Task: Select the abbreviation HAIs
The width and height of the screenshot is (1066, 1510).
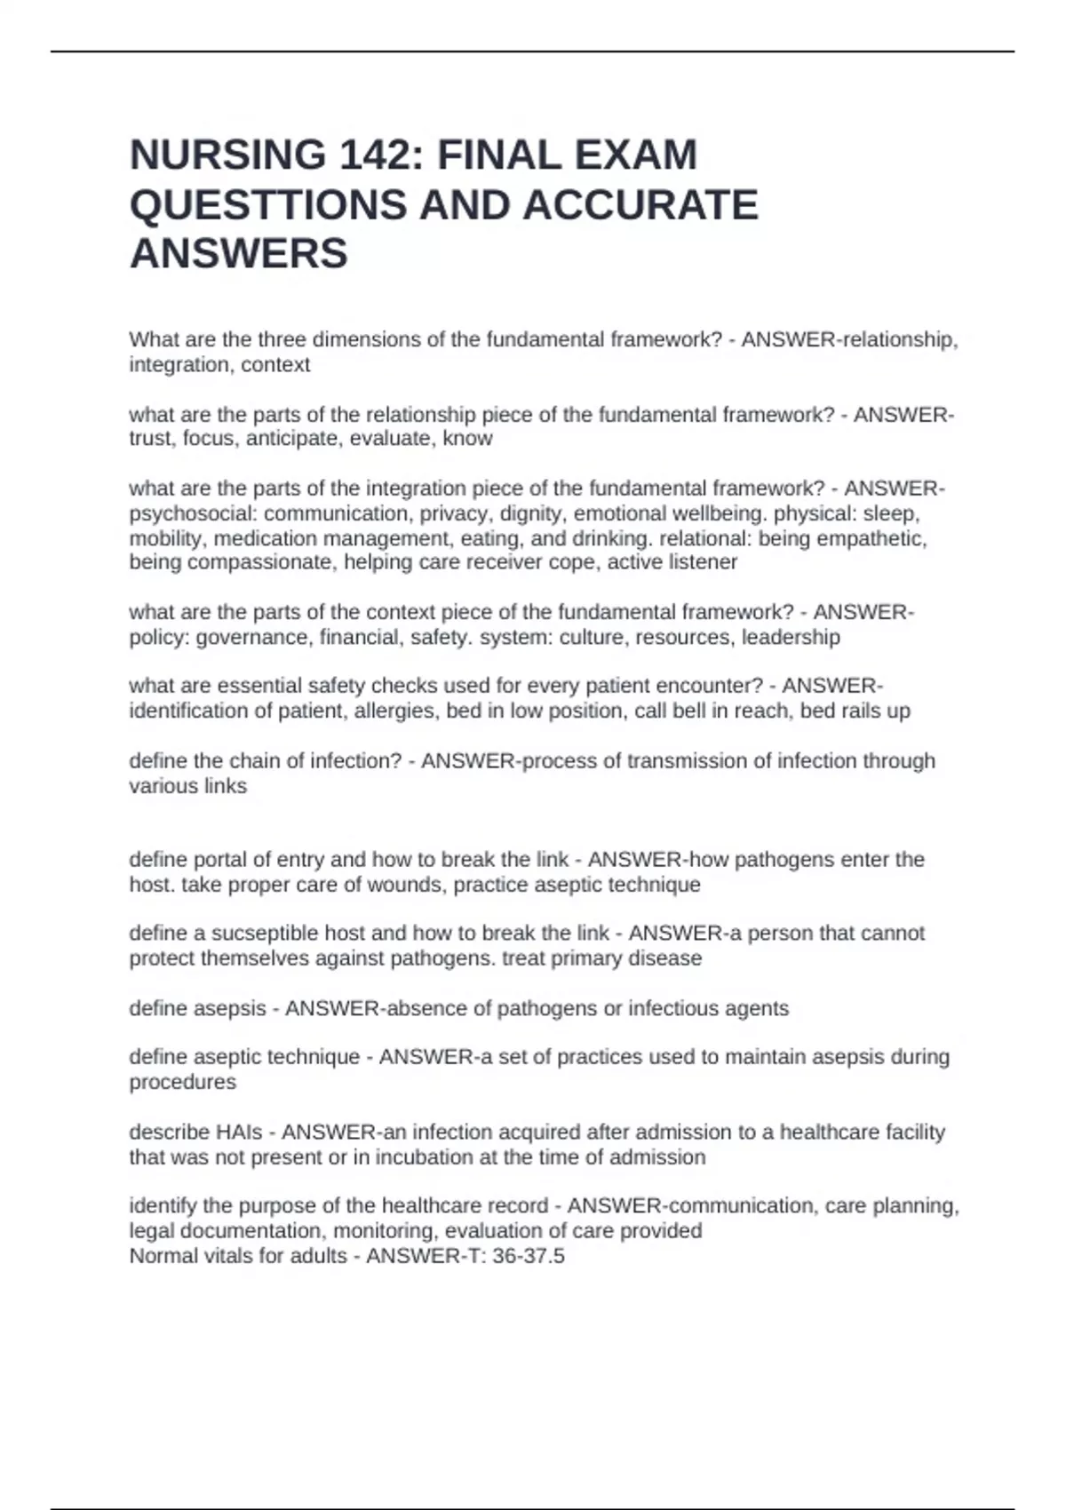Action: (x=240, y=1132)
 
